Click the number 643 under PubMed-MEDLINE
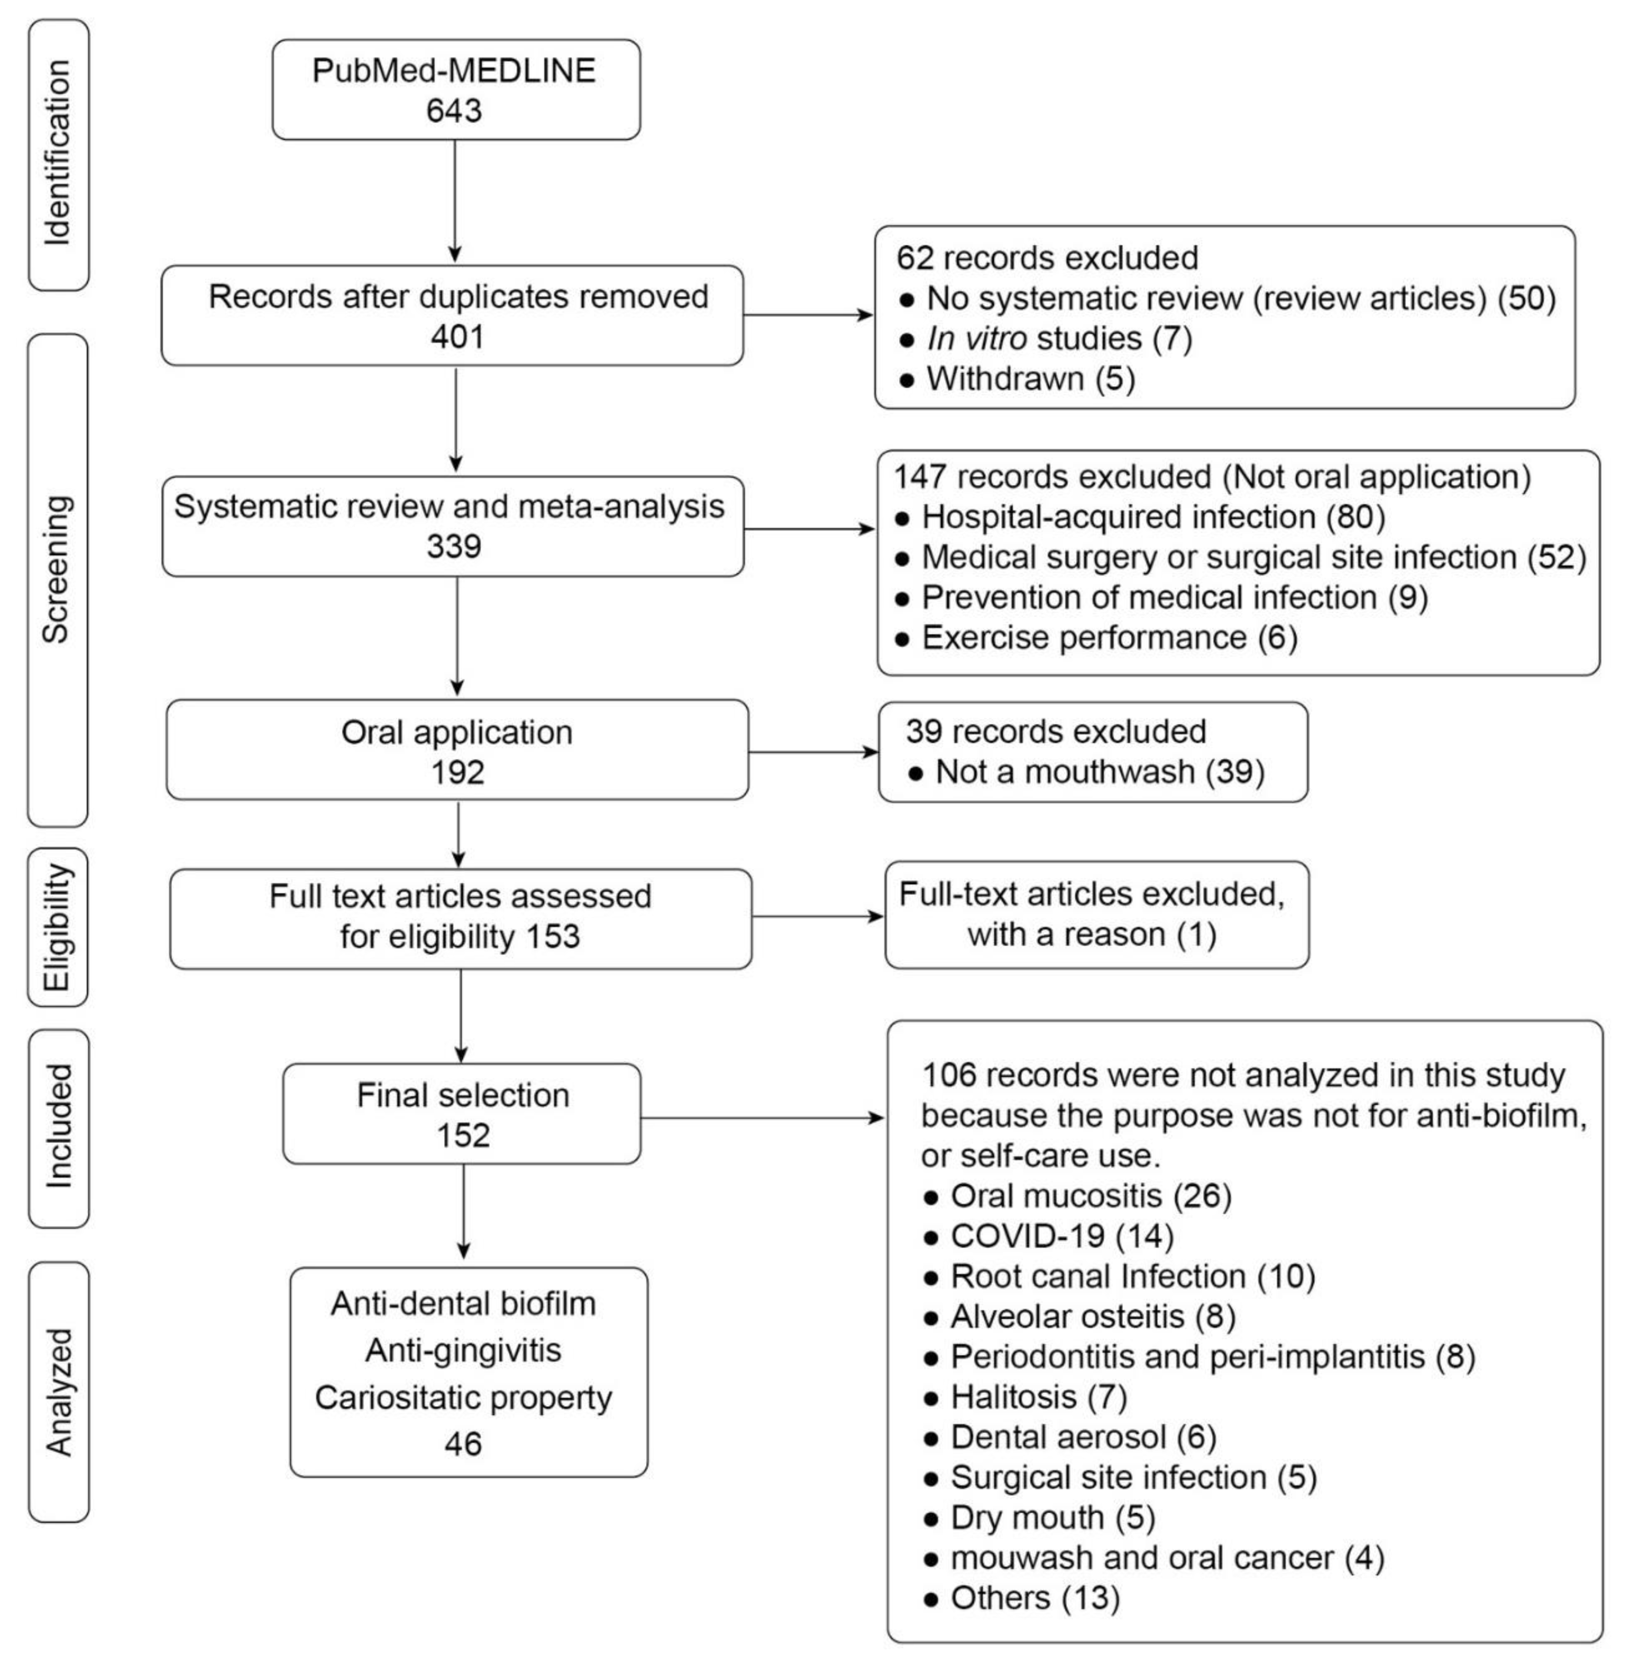point(455,111)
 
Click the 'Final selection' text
point(462,1096)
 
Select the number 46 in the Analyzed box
point(463,1445)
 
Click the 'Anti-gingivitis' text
point(463,1351)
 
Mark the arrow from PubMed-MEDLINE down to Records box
point(455,201)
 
